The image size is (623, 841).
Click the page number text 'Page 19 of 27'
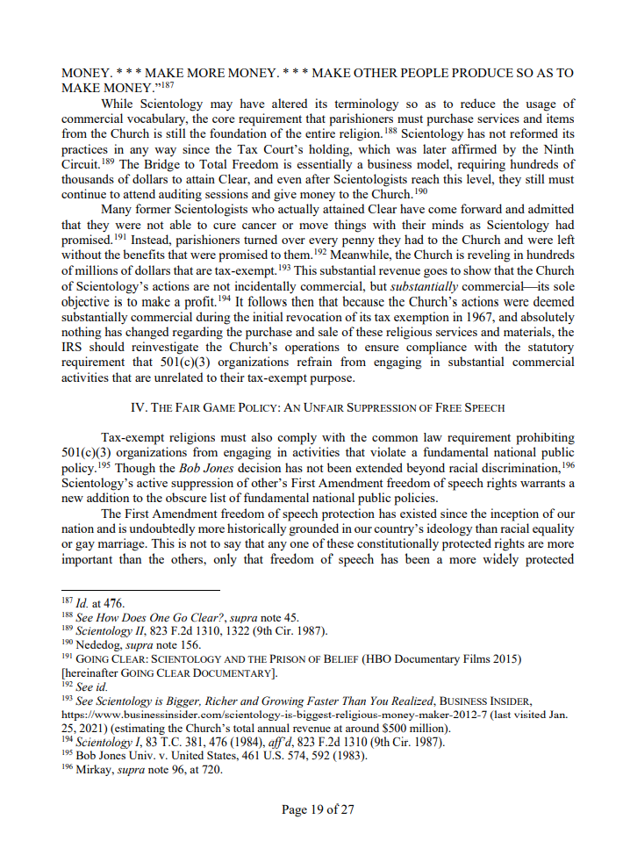pyautogui.click(x=318, y=809)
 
